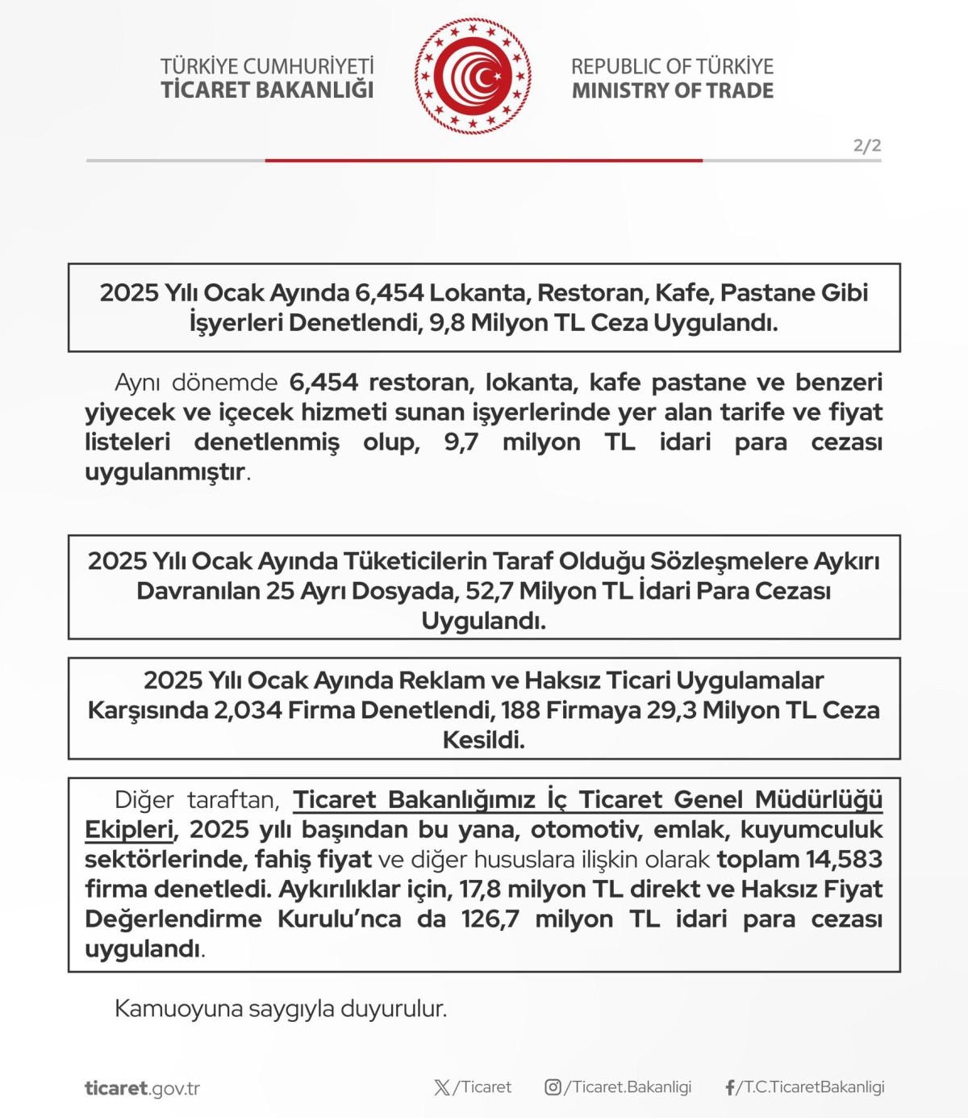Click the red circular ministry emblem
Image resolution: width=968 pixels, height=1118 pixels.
tap(473, 77)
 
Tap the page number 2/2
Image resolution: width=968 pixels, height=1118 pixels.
tap(867, 146)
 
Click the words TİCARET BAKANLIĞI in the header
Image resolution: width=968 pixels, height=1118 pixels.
tap(267, 90)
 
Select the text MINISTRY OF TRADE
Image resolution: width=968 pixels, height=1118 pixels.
tap(673, 90)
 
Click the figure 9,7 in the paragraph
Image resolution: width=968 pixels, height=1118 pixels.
tap(461, 442)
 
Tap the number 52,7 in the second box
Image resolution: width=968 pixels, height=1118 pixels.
tap(489, 591)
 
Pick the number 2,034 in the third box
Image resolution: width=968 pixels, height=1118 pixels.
tap(248, 710)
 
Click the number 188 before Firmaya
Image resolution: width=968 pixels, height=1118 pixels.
tap(518, 710)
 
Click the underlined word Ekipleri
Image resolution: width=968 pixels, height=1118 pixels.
tap(129, 830)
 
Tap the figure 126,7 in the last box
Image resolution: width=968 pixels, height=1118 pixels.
tap(490, 919)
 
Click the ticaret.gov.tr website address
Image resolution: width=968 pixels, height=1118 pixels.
tap(142, 1088)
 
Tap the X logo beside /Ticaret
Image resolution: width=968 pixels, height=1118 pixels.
tap(442, 1087)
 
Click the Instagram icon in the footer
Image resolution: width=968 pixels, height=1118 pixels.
tap(553, 1087)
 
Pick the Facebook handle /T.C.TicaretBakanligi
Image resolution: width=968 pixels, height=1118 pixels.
tap(811, 1087)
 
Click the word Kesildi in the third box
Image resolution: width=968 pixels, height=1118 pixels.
tap(483, 740)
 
